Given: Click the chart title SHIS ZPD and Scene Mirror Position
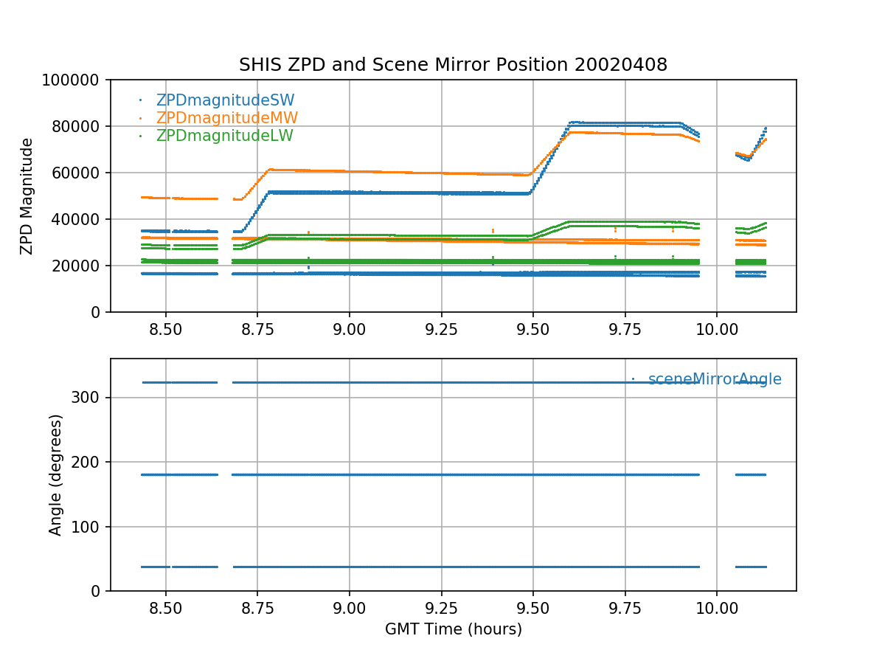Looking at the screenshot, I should tap(453, 65).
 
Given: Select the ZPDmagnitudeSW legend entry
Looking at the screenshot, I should tap(225, 100).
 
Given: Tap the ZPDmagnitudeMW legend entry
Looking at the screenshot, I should tap(226, 118).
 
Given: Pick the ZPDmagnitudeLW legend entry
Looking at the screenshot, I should tap(224, 136).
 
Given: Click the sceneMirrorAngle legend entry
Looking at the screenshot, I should tap(714, 379).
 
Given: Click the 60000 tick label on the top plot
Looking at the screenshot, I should tap(80, 173).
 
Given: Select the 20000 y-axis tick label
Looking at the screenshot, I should tap(80, 266).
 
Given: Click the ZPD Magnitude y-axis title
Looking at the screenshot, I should tap(27, 196).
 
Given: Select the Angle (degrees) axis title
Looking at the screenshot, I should tap(56, 474).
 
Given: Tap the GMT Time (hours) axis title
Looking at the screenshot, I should tap(453, 629).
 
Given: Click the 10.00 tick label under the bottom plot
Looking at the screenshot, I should tap(717, 607).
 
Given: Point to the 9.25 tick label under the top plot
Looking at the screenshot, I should tap(441, 328).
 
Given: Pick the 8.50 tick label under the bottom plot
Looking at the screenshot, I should tap(166, 607).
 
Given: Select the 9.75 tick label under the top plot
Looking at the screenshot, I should tap(625, 328).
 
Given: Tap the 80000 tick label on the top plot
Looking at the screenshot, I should tap(80, 126).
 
